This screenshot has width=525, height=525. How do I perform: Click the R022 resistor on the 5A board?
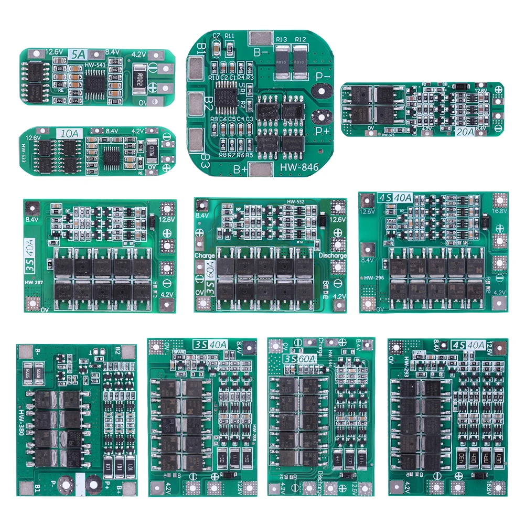pyautogui.click(x=140, y=79)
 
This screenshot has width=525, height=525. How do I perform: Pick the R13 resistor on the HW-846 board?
pyautogui.click(x=281, y=57)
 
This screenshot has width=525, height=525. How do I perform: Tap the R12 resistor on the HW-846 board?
pyautogui.click(x=301, y=57)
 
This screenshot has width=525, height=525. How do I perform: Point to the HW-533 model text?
pyautogui.click(x=24, y=154)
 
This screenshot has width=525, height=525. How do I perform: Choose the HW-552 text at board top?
pyautogui.click(x=296, y=201)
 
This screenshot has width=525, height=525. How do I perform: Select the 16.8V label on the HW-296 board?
pyautogui.click(x=499, y=211)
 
